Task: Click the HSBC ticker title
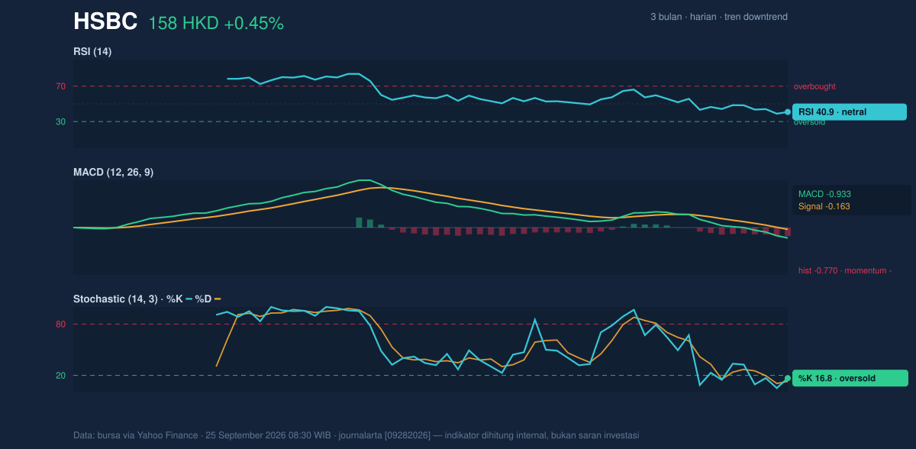tap(105, 21)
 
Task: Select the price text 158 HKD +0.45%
tap(216, 24)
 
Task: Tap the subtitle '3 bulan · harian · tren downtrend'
tap(719, 17)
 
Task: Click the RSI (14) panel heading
tap(92, 51)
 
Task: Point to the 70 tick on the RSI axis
tap(60, 86)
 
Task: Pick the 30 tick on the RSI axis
tap(60, 122)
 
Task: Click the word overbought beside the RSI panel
tap(814, 87)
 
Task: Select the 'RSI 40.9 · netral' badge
tap(850, 112)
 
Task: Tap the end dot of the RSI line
tap(788, 112)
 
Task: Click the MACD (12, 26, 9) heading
tap(113, 172)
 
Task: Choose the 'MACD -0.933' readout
tap(824, 194)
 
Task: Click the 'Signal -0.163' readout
tap(824, 206)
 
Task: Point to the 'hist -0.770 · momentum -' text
tap(845, 271)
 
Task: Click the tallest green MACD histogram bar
tap(359, 222)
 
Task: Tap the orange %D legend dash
tap(218, 299)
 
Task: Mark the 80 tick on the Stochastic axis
tap(60, 325)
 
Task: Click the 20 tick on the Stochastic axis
tap(60, 376)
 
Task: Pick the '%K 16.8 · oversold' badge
tap(850, 378)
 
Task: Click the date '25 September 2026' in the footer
tap(245, 435)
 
